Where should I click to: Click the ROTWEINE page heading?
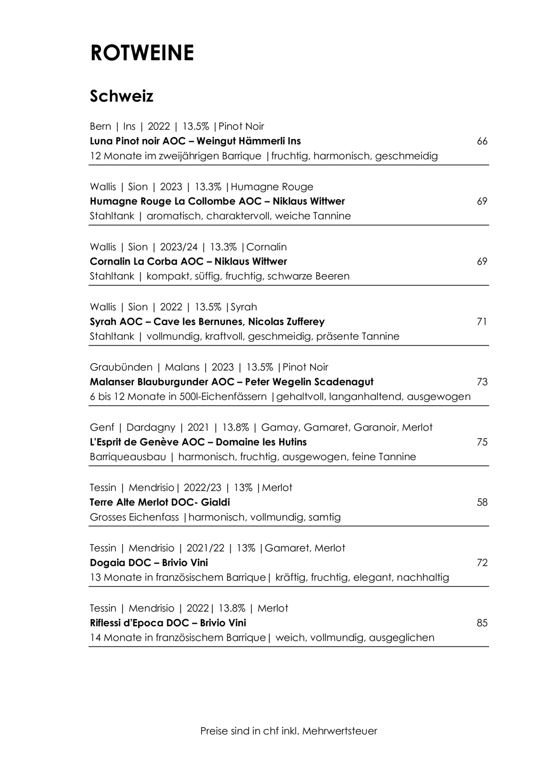[142, 53]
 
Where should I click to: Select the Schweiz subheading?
[121, 96]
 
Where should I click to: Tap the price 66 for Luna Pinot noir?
[482, 142]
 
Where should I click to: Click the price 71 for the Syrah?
[482, 322]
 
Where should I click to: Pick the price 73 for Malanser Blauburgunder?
[482, 382]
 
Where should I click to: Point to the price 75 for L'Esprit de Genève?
[482, 442]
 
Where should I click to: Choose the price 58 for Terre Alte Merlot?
[482, 502]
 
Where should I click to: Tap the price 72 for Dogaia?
[482, 563]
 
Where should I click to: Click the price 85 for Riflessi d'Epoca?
[482, 623]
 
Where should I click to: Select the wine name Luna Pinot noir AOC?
[139, 142]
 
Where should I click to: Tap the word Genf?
[102, 428]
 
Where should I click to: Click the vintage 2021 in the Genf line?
[198, 428]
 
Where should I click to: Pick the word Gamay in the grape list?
[280, 428]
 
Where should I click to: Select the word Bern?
[100, 127]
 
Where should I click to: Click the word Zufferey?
[304, 322]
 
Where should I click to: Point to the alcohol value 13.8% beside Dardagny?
[235, 428]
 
